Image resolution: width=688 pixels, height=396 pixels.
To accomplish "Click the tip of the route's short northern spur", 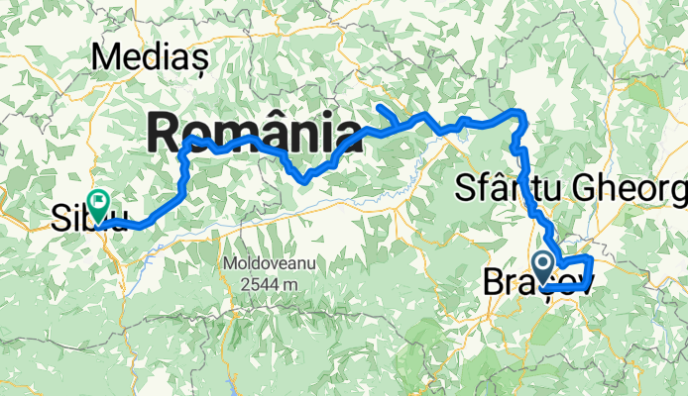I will click(x=381, y=105).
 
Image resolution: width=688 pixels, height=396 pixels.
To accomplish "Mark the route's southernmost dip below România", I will click(x=305, y=180).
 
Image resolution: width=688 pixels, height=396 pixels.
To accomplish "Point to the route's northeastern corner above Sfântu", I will click(x=521, y=115).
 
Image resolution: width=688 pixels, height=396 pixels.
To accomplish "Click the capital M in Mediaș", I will click(x=103, y=56).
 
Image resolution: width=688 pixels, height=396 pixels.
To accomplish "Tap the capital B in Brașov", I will click(x=493, y=282).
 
